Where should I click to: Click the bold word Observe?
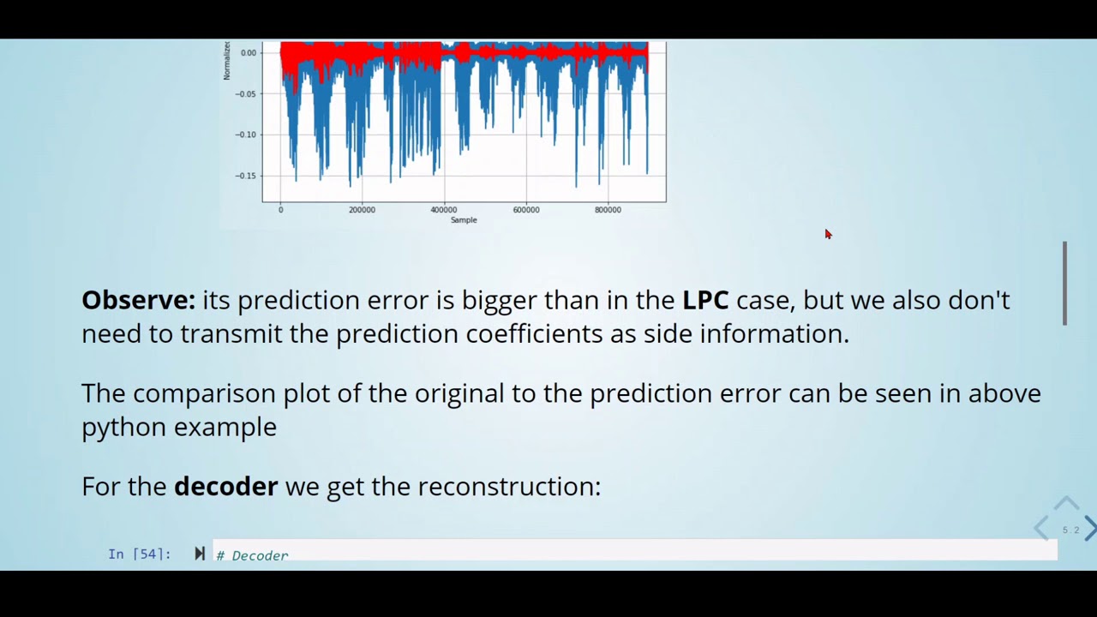click(x=138, y=300)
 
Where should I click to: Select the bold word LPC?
click(x=704, y=300)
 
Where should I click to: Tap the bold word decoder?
click(x=225, y=487)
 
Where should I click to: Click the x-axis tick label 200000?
click(x=362, y=210)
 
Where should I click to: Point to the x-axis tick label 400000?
click(x=443, y=210)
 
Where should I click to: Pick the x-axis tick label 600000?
click(x=525, y=210)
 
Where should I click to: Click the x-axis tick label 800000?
click(x=608, y=210)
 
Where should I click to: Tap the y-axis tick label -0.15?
click(x=246, y=176)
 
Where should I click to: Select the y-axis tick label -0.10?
click(x=246, y=135)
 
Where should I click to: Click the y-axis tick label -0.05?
click(x=246, y=93)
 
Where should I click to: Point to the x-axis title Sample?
click(x=464, y=220)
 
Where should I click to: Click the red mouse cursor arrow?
click(x=828, y=234)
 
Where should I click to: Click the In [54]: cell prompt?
click(x=140, y=554)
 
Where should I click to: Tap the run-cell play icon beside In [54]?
click(x=200, y=554)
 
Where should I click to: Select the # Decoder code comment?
click(x=252, y=555)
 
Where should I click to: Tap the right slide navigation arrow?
click(x=1089, y=528)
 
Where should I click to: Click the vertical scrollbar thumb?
click(x=1065, y=283)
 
